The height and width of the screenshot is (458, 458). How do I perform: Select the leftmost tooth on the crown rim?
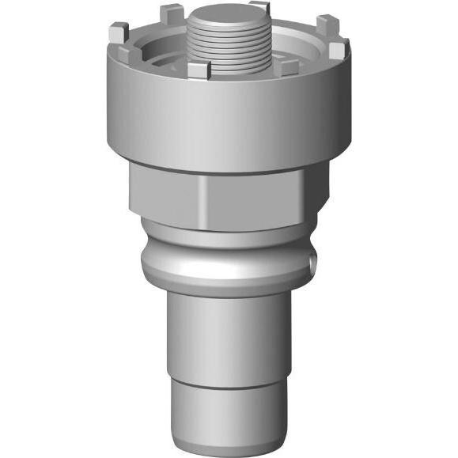(118, 35)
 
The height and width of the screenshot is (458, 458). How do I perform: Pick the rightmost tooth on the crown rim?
(337, 52)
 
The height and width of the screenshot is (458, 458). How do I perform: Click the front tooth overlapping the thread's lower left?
(199, 70)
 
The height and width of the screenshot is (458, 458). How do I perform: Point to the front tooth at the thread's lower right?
(286, 68)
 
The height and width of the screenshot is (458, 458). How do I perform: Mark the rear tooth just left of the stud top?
(172, 14)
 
